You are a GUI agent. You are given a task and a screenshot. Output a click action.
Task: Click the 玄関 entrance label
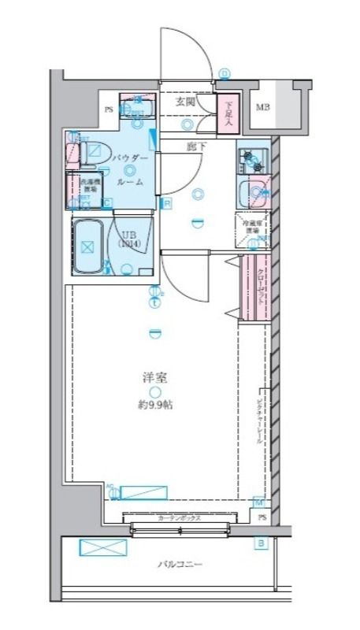click(185, 102)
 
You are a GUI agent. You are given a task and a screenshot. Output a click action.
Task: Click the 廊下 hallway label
click(196, 146)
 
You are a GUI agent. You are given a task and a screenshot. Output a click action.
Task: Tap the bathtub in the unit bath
click(89, 246)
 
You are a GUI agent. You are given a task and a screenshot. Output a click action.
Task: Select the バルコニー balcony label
click(180, 565)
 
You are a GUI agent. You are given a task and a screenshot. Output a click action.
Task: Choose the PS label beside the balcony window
click(263, 517)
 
